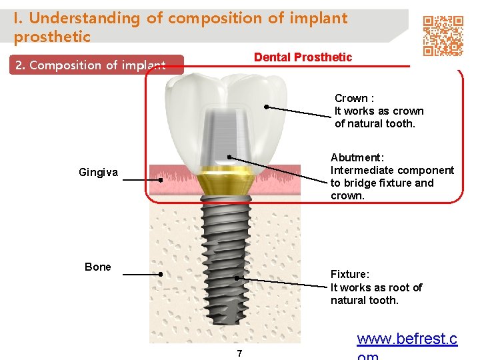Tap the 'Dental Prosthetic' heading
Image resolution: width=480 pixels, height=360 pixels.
303,57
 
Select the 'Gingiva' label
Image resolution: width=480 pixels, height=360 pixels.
98,173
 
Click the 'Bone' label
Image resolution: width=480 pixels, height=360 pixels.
98,267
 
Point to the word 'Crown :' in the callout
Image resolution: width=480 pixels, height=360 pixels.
354,99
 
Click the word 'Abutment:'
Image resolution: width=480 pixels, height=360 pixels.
357,158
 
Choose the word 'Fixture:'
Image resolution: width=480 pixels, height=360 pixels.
350,275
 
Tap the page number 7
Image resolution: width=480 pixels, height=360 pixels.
239,353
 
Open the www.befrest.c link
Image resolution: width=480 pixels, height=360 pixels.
407,339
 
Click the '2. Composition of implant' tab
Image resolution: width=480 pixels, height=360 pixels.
90,65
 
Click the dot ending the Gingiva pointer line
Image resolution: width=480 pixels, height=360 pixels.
161,180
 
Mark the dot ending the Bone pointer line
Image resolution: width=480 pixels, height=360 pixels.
161,274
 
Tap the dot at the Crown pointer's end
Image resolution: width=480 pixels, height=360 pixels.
265,106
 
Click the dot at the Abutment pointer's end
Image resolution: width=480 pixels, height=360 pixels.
229,157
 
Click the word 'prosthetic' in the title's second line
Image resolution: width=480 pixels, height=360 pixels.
52,37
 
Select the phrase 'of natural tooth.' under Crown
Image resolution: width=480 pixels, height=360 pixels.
375,124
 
